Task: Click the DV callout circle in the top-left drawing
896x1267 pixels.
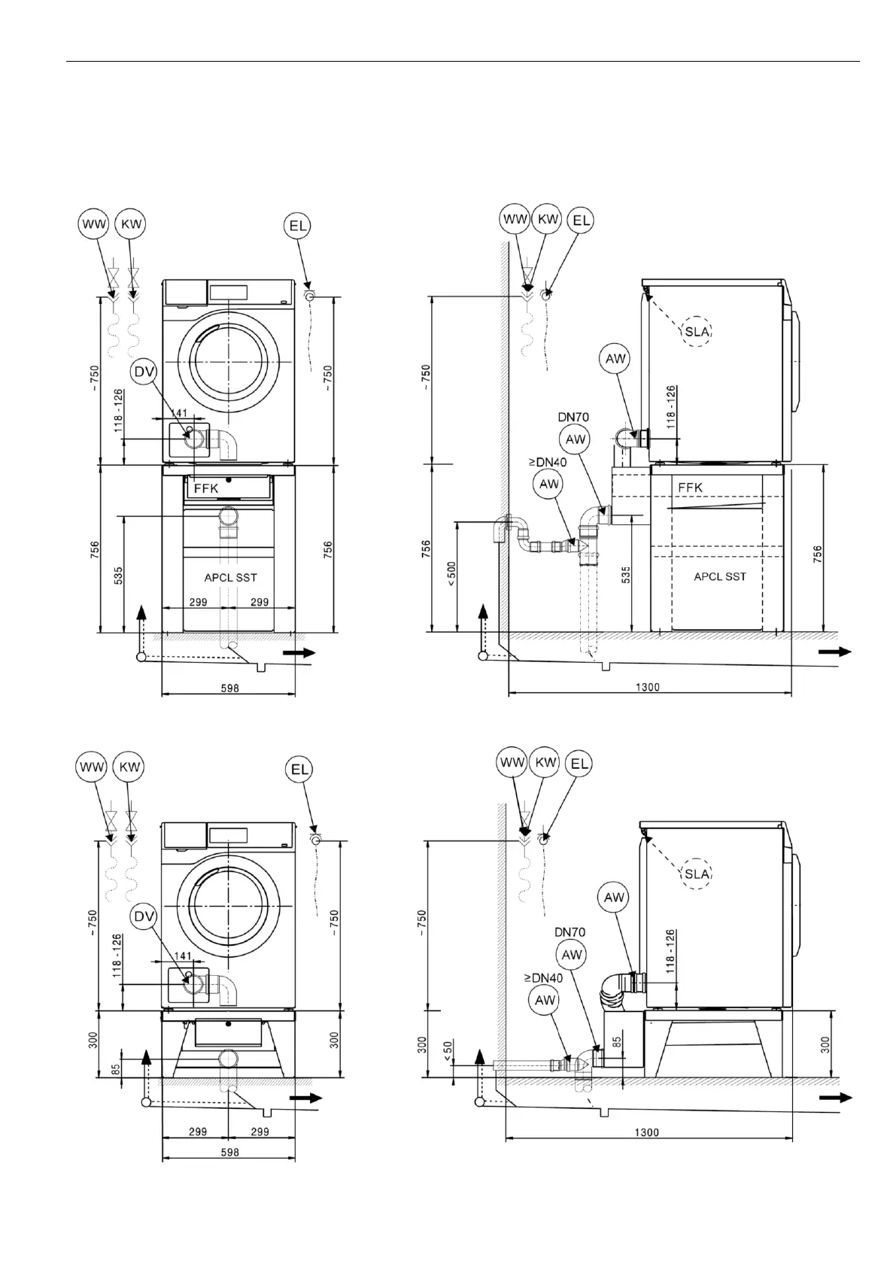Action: coord(144,371)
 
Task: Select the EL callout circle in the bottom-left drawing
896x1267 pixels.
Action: coord(299,769)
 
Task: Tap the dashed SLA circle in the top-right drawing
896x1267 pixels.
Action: coord(697,330)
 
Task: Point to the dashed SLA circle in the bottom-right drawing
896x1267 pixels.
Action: coord(697,874)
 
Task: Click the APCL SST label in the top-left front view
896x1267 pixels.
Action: coord(230,578)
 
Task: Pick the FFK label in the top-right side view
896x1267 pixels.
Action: coord(690,488)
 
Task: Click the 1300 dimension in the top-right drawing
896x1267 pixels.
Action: coord(647,687)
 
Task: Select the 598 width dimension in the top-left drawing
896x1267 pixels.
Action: coord(229,688)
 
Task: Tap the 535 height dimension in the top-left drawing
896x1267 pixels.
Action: coord(118,576)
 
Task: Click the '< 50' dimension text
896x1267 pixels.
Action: coord(448,1052)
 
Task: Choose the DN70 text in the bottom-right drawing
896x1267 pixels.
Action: coord(569,932)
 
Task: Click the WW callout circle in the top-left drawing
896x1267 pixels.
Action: coord(95,223)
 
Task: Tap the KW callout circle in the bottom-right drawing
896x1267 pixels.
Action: coord(545,762)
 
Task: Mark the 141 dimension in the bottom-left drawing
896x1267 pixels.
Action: coord(181,956)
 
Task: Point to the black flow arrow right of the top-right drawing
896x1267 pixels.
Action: coord(835,652)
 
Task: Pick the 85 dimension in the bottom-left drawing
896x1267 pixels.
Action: coord(116,1068)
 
